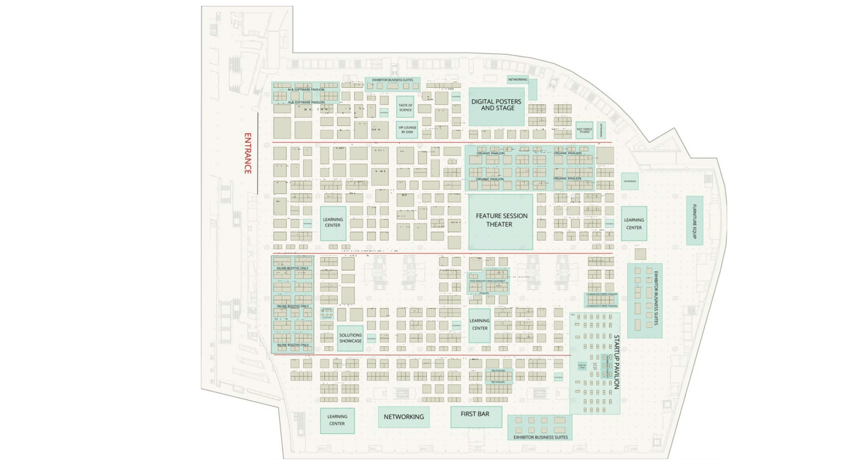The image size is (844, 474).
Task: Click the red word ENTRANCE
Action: coord(248,154)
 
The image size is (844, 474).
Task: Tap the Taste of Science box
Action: coord(405,107)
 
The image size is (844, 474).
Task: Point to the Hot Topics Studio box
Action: coord(584,129)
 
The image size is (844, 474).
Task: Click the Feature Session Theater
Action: coord(501,220)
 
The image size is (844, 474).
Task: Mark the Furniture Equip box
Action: coord(694,220)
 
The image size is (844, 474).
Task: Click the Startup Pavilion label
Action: coord(616,364)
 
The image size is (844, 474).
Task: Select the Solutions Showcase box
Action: coord(350,338)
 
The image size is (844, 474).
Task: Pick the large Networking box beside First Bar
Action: coord(404,417)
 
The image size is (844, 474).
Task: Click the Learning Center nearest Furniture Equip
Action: coord(634,224)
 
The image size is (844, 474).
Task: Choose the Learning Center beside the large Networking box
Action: coord(337,420)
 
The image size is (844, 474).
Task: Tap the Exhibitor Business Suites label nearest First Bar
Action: coord(540,437)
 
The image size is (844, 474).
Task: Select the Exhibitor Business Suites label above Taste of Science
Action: coord(392,80)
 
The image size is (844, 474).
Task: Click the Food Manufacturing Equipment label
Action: coord(488,281)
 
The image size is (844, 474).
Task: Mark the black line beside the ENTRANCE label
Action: coord(258,153)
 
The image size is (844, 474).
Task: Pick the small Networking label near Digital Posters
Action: coord(517,80)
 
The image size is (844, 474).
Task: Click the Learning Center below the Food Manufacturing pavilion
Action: coord(479,325)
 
